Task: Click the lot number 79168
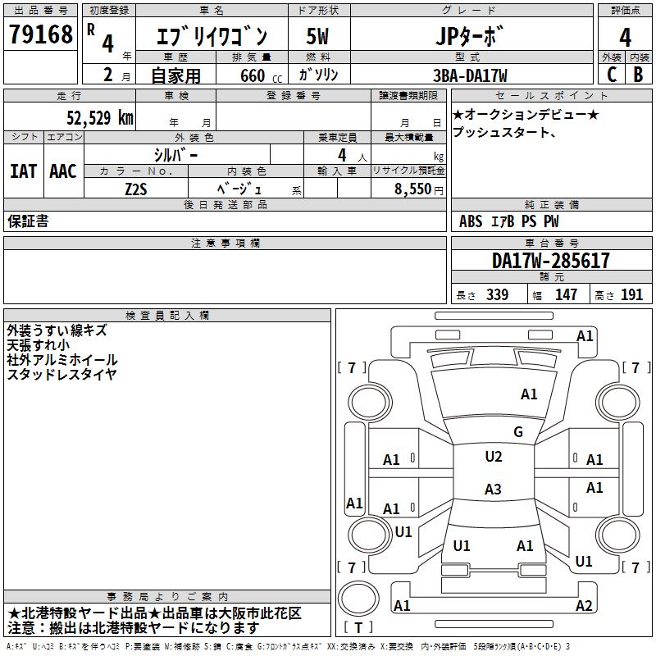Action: [x=40, y=35]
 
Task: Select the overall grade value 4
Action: [x=625, y=37]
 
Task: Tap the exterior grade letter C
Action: [x=611, y=74]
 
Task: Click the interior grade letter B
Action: [x=638, y=74]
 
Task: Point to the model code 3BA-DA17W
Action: [x=470, y=75]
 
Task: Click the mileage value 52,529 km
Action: [x=99, y=118]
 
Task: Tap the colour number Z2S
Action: [x=135, y=188]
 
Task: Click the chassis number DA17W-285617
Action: [x=550, y=261]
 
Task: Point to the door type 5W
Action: [x=318, y=37]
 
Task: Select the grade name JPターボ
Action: [x=470, y=37]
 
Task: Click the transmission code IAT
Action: [x=23, y=171]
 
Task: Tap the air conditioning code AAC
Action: [x=63, y=171]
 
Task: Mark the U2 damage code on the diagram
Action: [x=493, y=457]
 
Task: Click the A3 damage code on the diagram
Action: [x=493, y=490]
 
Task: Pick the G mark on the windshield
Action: [x=517, y=432]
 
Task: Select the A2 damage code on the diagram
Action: [x=584, y=606]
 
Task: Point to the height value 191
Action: [x=632, y=295]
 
